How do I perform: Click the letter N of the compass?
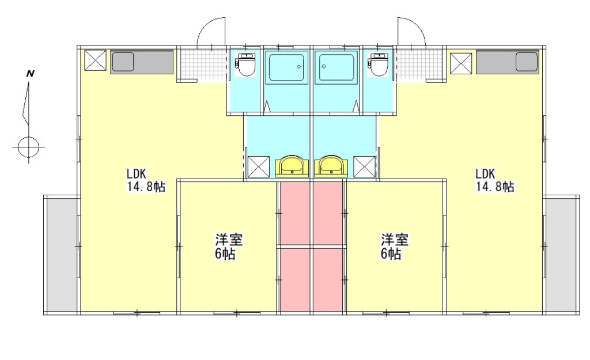tap(30, 73)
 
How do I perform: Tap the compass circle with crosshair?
tap(29, 147)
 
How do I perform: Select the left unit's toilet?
tap(246, 65)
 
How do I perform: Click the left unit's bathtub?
tap(286, 67)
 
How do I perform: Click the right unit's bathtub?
tap(336, 67)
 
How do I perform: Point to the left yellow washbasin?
tap(292, 166)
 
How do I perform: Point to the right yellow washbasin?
tap(331, 166)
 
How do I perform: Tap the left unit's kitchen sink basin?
tap(123, 62)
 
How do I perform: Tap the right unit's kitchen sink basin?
tap(527, 62)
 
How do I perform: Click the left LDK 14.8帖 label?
tap(146, 180)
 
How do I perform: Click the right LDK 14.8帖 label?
tap(495, 180)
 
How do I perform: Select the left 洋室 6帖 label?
tap(228, 247)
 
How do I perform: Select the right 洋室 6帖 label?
tap(394, 247)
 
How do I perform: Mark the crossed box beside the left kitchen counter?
tap(95, 60)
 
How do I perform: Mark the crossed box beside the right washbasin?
tap(365, 166)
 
